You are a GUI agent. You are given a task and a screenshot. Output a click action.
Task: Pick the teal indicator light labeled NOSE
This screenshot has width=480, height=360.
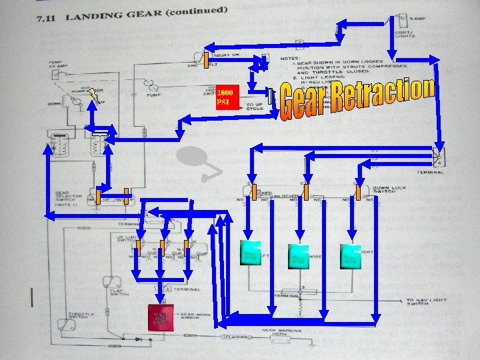[299, 256]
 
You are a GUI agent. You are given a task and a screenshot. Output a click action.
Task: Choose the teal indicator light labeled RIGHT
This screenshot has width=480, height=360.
[351, 256]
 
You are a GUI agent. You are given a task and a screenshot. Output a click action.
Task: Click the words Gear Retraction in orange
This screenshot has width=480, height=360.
[357, 100]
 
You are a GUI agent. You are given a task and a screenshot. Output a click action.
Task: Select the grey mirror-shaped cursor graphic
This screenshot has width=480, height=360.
[197, 157]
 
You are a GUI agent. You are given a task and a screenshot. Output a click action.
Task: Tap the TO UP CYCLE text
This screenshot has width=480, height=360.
[255, 107]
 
